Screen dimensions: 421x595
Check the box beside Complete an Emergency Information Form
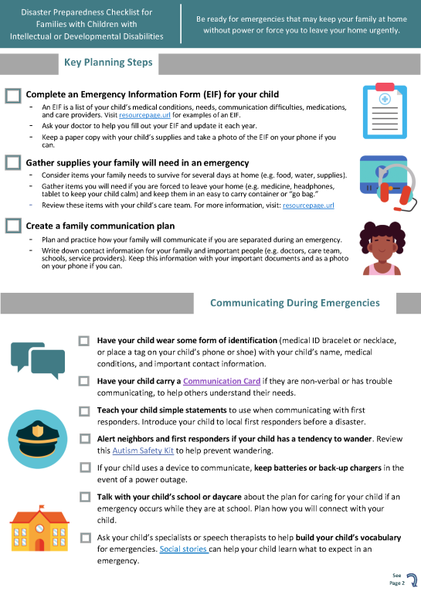pos(12,95)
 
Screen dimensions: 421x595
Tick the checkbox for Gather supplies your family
pos(12,163)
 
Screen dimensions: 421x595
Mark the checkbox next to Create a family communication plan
pos(12,226)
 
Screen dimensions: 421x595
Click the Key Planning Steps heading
pos(108,63)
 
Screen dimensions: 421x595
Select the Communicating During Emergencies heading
pos(294,303)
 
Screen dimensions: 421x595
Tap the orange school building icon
pos(37,528)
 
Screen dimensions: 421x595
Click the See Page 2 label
pos(397,580)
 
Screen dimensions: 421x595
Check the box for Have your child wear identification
pos(84,341)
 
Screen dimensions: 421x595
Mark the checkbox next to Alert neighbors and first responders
pos(84,439)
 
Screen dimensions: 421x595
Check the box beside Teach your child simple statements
pos(84,410)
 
